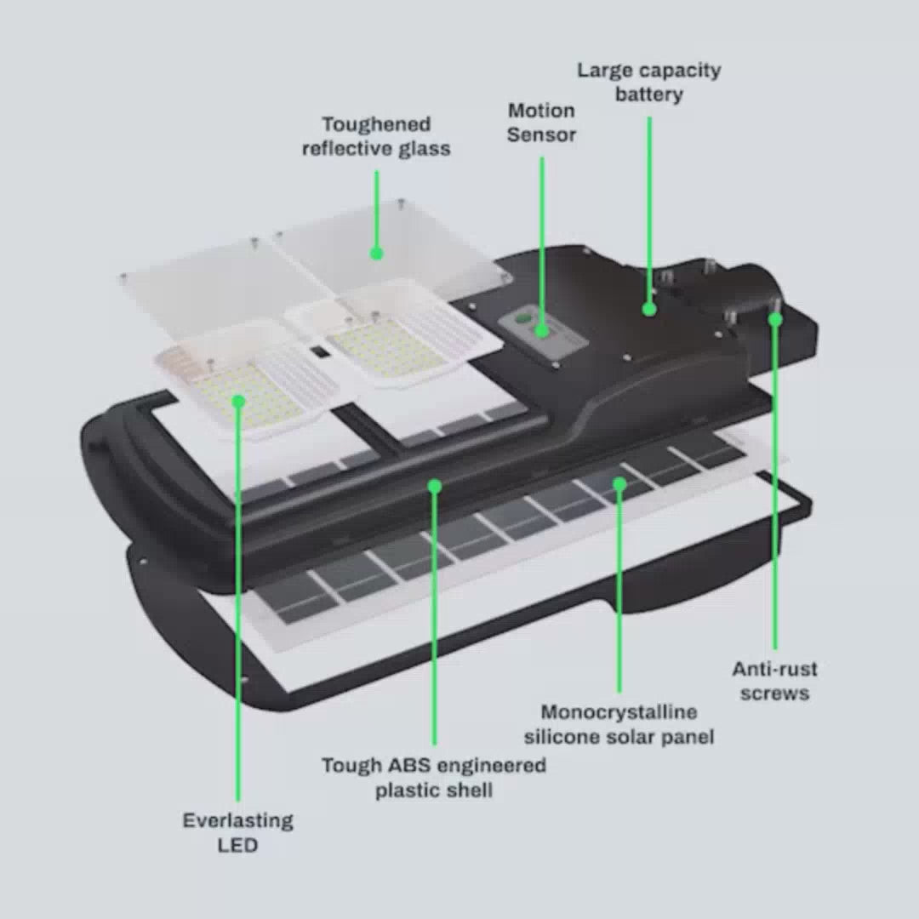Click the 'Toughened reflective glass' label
point(376,136)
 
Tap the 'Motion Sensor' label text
point(541,123)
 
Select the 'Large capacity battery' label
point(648,82)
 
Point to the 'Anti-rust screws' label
point(775,681)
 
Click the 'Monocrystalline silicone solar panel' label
point(619,724)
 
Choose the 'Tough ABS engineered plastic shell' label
point(434,778)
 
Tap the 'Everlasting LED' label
point(238,832)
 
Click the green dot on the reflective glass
point(377,254)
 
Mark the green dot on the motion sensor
point(542,330)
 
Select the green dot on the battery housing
point(648,309)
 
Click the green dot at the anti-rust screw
point(775,319)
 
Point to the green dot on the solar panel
point(619,484)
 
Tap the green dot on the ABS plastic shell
point(434,486)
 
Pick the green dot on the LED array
point(238,401)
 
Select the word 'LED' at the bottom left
point(237,845)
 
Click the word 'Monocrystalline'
point(619,712)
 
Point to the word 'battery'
point(648,94)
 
